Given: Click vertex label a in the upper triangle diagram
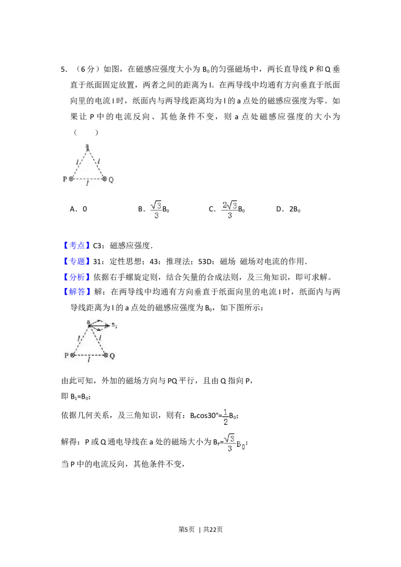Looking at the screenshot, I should (87, 146).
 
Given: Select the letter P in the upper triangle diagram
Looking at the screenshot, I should (65, 179).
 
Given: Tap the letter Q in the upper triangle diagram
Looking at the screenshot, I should (111, 179).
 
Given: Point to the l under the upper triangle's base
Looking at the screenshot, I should (88, 184).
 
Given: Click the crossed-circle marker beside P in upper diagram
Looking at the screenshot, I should (72, 179).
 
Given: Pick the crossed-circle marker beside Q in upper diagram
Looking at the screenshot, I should (104, 179).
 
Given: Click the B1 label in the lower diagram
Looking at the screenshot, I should (114, 326).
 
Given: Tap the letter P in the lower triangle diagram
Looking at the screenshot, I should (66, 355).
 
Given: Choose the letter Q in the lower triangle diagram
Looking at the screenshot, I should (112, 355).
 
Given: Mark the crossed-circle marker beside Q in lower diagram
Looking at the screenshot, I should (105, 355).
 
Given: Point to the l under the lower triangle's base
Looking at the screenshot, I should (89, 360).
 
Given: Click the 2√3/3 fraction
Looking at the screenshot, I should (230, 208).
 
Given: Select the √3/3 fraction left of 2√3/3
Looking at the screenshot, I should (156, 208).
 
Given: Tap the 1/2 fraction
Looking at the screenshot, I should (226, 416).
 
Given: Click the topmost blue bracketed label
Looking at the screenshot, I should (77, 245).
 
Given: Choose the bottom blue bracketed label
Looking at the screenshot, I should (77, 292).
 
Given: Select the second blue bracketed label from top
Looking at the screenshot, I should (77, 261).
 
